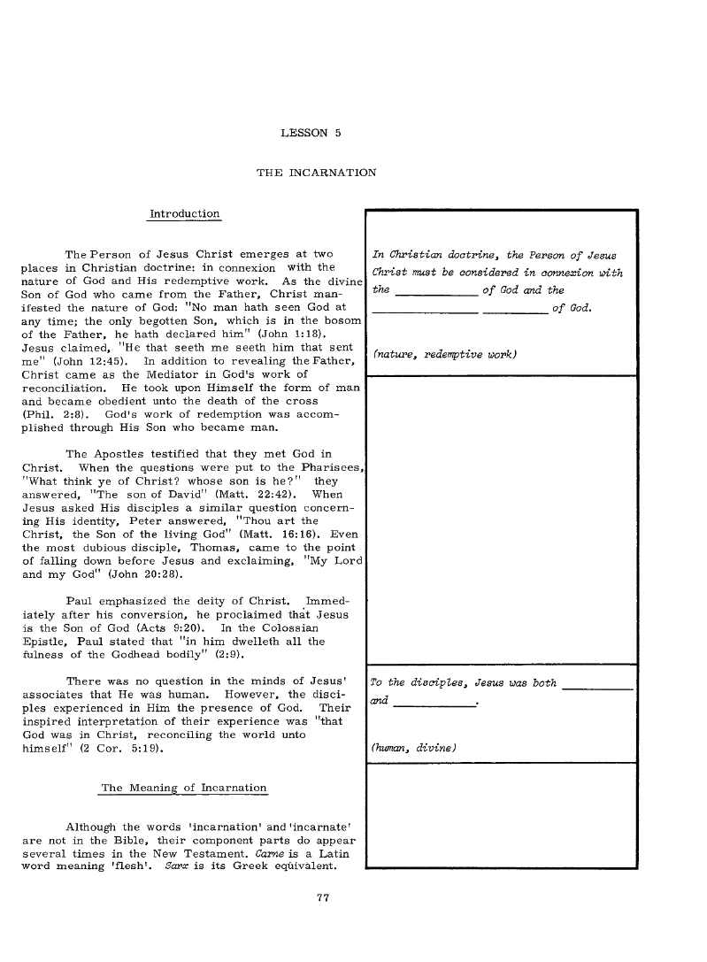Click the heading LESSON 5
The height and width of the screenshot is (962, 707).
(311, 134)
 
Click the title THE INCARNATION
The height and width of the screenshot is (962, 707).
(316, 172)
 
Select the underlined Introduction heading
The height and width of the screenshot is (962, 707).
(185, 214)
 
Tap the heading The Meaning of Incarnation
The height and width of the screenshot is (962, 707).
(184, 788)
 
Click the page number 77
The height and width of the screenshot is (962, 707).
(323, 899)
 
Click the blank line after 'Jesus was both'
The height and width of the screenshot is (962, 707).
(598, 687)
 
